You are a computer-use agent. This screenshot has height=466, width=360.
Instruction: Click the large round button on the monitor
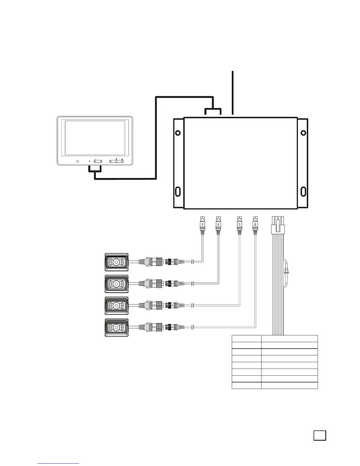click(x=78, y=161)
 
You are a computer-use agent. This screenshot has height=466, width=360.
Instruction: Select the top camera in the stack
click(x=116, y=262)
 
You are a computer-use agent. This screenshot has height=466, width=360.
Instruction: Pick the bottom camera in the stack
click(x=116, y=328)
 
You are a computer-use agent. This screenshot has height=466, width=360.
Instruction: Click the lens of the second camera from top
click(x=116, y=284)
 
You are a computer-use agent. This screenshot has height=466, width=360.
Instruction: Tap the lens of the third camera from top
click(x=116, y=306)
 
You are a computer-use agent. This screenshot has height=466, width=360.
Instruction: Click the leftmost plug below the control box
click(x=202, y=224)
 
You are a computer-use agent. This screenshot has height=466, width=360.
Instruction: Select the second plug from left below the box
click(x=218, y=224)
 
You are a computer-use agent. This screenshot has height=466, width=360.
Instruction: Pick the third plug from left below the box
click(x=239, y=224)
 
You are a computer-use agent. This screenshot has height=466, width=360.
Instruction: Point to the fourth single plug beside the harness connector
click(x=255, y=224)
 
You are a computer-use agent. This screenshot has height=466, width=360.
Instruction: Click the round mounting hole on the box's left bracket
click(x=178, y=133)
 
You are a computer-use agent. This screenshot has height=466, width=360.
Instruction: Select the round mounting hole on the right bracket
click(x=303, y=133)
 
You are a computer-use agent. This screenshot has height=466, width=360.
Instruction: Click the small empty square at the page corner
click(x=320, y=435)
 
